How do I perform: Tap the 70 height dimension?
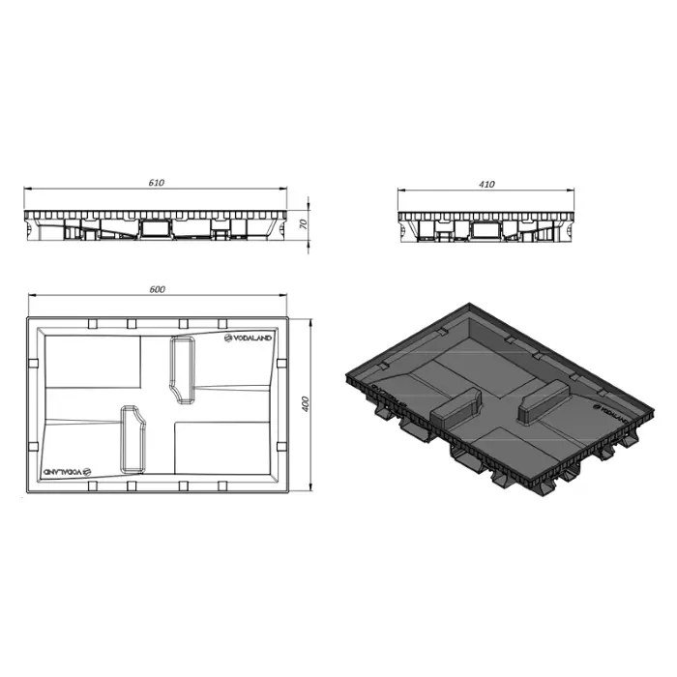[x=304, y=224]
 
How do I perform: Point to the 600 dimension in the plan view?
[x=159, y=289]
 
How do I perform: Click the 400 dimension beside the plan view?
[x=305, y=402]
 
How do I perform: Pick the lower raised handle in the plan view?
[x=131, y=438]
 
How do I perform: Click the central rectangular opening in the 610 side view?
[x=155, y=228]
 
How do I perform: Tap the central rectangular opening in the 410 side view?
[x=485, y=229]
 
